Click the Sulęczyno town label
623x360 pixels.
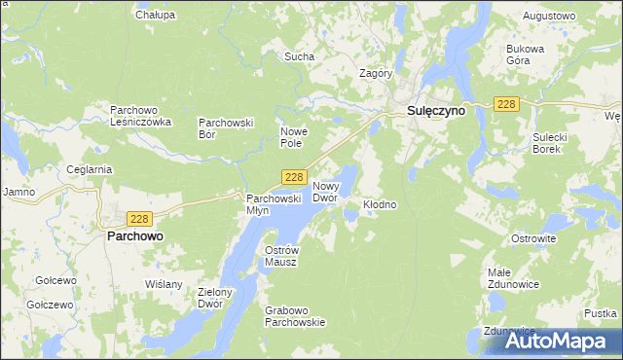[x=435, y=112]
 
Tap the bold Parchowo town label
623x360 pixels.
[x=134, y=236]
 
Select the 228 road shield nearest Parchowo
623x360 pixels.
[x=139, y=220]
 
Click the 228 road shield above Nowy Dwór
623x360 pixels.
[x=296, y=177]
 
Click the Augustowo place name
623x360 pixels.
[x=550, y=17]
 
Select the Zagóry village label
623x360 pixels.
[x=376, y=73]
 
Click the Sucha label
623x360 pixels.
[x=299, y=56]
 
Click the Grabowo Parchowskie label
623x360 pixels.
[x=294, y=316]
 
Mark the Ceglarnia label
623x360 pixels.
[x=90, y=168]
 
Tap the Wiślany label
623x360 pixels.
[x=163, y=284]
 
